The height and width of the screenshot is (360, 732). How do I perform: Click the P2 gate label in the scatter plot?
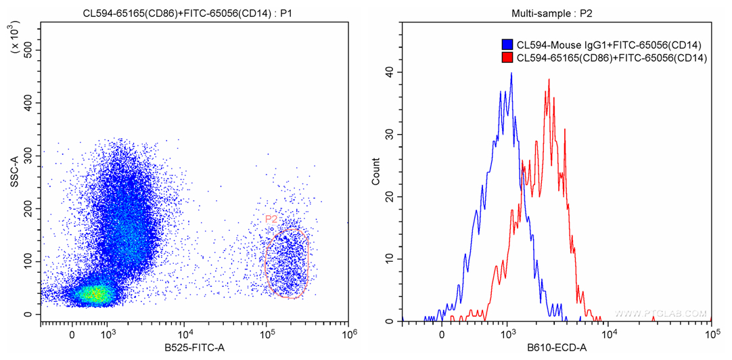tap(271, 219)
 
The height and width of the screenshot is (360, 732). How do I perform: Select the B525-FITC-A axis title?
tap(195, 348)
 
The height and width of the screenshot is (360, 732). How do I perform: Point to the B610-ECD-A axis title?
tap(557, 348)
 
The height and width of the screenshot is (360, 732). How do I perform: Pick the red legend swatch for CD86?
tap(507, 58)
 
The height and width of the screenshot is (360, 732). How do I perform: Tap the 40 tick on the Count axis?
tap(389, 72)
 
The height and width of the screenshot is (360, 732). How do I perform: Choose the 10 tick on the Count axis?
tap(389, 259)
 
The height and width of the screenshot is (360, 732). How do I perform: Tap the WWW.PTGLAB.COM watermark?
tap(660, 314)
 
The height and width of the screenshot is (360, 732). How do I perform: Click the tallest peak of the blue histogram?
tap(511, 74)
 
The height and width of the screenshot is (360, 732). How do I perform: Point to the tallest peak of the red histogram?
tap(549, 80)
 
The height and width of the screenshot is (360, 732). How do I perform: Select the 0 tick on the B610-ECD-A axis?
tap(442, 334)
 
